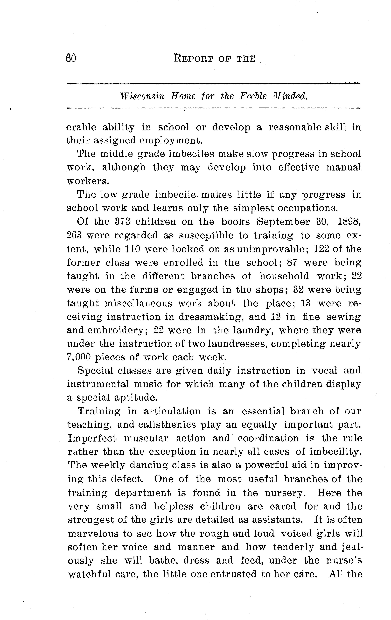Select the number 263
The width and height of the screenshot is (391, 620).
pyautogui.click(x=74, y=235)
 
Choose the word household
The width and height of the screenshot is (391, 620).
pyautogui.click(x=284, y=276)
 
